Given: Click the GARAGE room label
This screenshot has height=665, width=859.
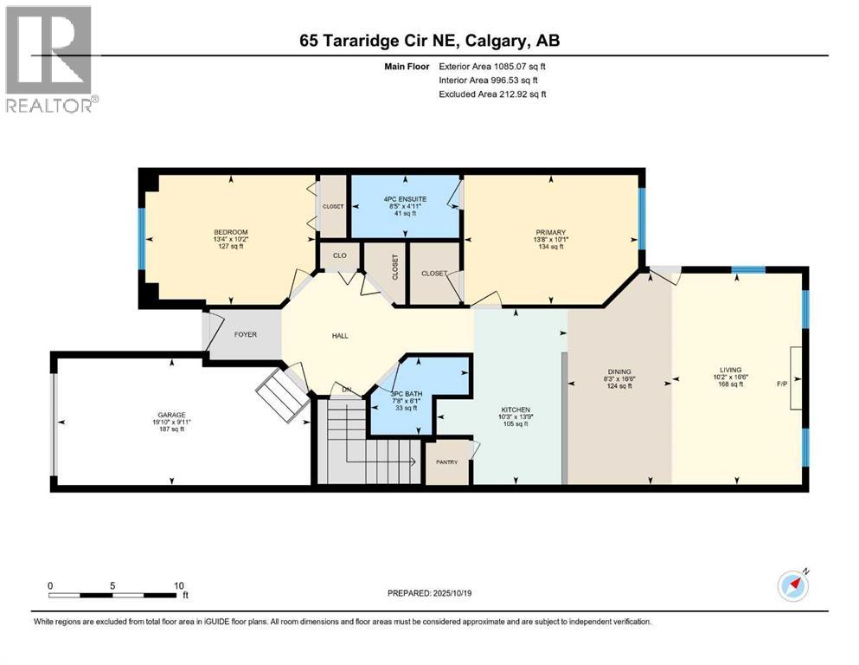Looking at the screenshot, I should point(171,415).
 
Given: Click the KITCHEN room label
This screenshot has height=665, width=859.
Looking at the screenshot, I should point(515,409).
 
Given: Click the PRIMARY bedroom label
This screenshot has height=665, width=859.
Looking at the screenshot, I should point(550,232).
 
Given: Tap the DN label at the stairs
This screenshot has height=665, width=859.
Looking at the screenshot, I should point(346,389).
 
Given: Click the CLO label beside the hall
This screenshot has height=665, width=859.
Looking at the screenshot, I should point(338,255).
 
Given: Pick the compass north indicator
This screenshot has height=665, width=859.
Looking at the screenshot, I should point(793,586).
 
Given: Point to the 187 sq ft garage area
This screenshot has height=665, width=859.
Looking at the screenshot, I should point(171,429).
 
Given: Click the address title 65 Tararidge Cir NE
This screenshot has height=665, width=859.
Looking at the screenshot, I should point(429,41).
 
